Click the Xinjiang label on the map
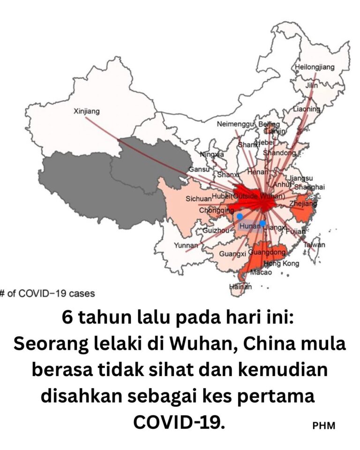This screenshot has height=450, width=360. (87, 112)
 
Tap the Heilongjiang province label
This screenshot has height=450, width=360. (315, 67)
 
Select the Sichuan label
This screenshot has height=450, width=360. (198, 199)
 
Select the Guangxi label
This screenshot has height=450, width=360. (232, 254)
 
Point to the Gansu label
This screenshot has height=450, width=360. (198, 169)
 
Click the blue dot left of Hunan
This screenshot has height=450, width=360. (240, 217)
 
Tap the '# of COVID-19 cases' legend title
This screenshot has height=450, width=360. (47, 294)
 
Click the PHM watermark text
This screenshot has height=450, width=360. (323, 426)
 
